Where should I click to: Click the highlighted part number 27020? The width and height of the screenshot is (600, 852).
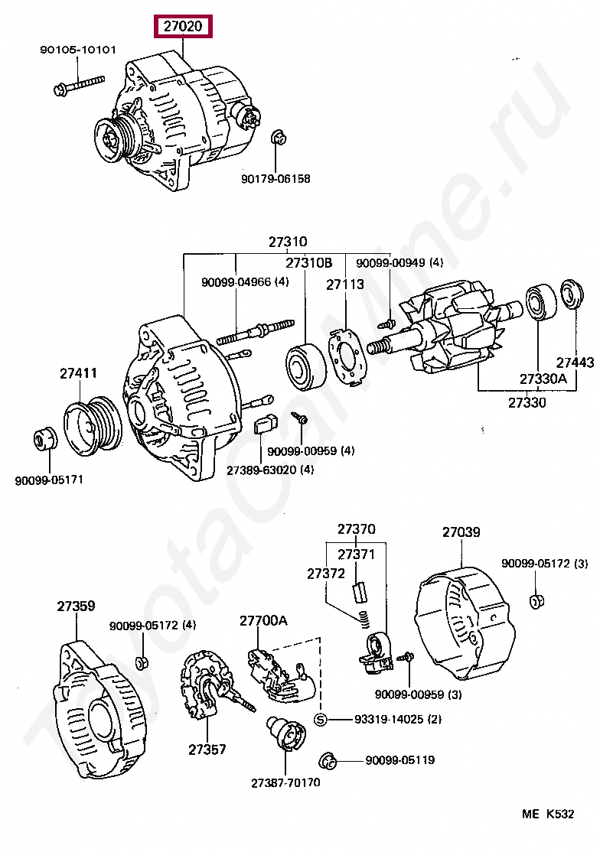183,26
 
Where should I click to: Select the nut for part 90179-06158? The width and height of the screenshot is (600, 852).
279,138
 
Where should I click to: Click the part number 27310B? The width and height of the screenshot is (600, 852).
308,263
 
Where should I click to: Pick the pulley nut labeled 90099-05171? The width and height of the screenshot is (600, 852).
46,438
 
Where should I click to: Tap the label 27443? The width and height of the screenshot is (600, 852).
575,362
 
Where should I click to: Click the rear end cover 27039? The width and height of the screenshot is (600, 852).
465,623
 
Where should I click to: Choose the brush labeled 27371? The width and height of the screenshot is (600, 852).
359,592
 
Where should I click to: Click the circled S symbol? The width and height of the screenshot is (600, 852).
321,720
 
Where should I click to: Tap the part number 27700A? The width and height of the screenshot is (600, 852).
263,620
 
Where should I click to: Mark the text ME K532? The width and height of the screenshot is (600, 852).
548,814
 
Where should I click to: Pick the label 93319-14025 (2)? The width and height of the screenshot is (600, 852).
398,720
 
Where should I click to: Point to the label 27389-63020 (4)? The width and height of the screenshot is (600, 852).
270,470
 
